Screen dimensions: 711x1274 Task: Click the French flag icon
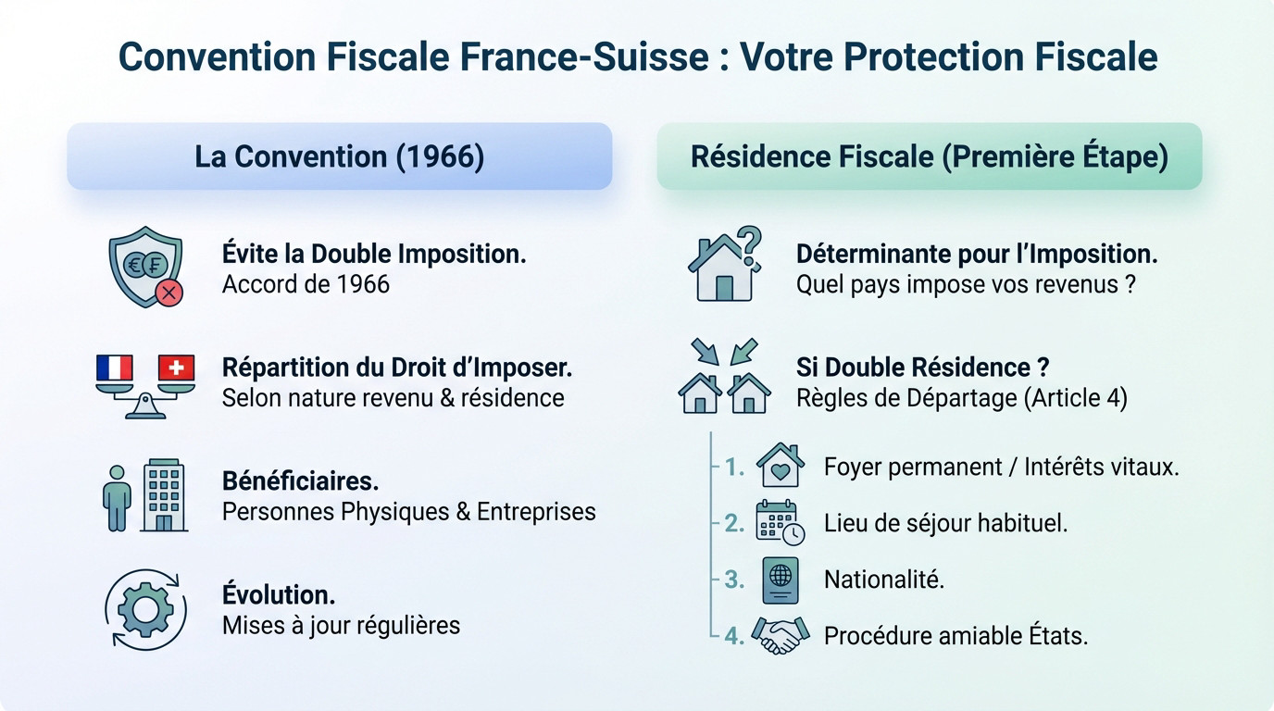115,368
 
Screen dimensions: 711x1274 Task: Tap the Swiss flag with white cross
177,368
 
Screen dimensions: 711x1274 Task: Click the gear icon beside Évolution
145,610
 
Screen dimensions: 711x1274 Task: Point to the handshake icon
780,636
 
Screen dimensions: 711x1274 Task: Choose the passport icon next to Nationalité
780,580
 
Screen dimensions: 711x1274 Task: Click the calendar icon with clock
780,522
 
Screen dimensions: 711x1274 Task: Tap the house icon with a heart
780,466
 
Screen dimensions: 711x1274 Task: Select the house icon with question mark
724,265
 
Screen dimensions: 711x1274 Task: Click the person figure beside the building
117,497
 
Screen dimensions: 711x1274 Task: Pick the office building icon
164,495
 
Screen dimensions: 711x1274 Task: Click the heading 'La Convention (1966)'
339,156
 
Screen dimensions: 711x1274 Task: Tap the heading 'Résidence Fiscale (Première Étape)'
929,156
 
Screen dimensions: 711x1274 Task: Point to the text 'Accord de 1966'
306,283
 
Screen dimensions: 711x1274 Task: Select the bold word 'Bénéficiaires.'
300,481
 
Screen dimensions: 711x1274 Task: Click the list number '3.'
734,580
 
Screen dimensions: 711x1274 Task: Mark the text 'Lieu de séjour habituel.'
945,523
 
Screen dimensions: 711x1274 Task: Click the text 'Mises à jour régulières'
341,625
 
